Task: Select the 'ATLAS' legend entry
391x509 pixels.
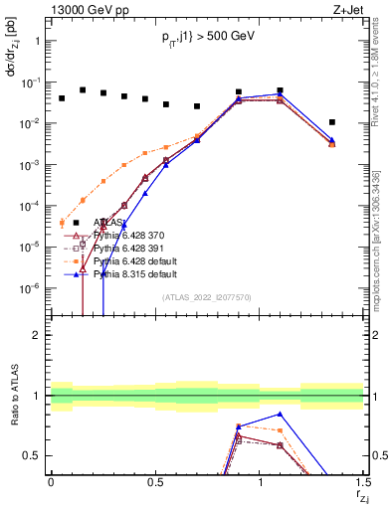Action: pyautogui.click(x=110, y=223)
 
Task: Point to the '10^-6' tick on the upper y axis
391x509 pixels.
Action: pyautogui.click(x=31, y=288)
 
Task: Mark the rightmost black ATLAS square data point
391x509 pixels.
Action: pyautogui.click(x=332, y=122)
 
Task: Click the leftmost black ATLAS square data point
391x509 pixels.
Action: pyautogui.click(x=62, y=98)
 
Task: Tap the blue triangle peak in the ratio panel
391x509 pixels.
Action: pyautogui.click(x=281, y=414)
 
